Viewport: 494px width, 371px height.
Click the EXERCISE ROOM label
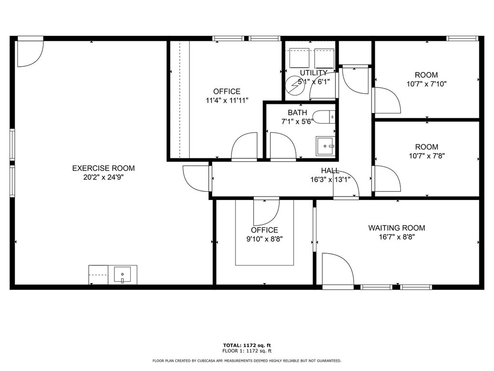pyautogui.click(x=103, y=168)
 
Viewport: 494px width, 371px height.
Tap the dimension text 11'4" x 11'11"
pyautogui.click(x=227, y=100)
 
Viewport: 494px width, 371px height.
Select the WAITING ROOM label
pyautogui.click(x=397, y=228)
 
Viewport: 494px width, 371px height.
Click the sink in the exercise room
pyautogui.click(x=122, y=275)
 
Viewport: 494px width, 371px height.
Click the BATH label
pyautogui.click(x=297, y=113)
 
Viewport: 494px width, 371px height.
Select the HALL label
pyautogui.click(x=330, y=171)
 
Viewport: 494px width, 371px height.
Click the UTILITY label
pyautogui.click(x=314, y=73)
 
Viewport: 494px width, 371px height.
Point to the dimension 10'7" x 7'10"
pyautogui.click(x=426, y=84)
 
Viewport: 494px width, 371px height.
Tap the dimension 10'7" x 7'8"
pyautogui.click(x=426, y=156)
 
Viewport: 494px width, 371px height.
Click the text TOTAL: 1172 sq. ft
pyautogui.click(x=247, y=345)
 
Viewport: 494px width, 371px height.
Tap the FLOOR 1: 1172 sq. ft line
pyautogui.click(x=247, y=351)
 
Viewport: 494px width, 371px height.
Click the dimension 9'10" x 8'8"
pyautogui.click(x=264, y=239)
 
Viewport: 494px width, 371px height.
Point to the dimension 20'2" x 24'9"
pyautogui.click(x=103, y=177)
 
